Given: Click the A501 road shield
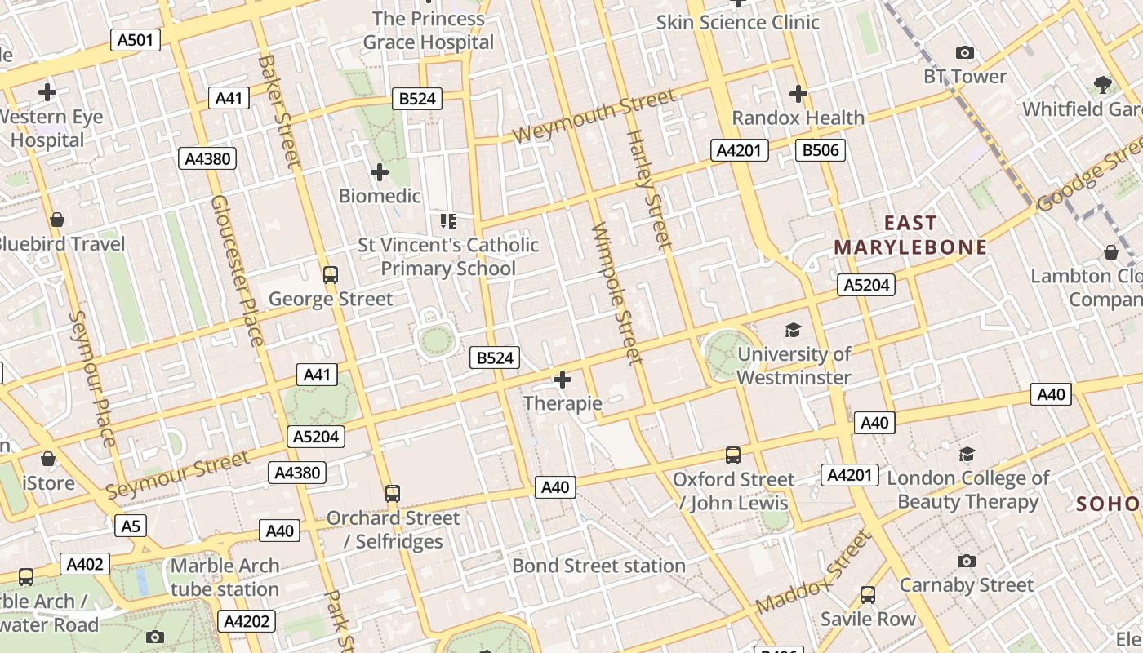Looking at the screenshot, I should pos(136,40).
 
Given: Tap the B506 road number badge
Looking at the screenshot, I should pos(820,150).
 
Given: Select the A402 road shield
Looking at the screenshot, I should pos(84,564).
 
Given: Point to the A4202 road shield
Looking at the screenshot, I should pos(247,621).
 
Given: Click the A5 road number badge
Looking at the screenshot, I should pos(131,526).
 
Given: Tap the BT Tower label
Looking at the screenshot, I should pos(965,77).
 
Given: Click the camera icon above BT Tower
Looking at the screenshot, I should pos(965,53).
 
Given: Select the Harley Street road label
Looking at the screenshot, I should pos(649,189).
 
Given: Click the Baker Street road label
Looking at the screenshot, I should pos(279,110).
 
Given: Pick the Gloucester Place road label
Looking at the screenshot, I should pos(237,269).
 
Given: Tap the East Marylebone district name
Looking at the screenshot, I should pos(910,235).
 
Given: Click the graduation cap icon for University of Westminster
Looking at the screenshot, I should pos(793,330).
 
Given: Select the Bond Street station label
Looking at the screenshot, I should pos(598,566).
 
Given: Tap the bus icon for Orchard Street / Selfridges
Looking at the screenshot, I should pos(393,493).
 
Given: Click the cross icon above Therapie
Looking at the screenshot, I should pos(563,380).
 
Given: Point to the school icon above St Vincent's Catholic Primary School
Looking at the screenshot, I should pos(447,220).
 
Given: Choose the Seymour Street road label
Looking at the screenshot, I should pos(178,475).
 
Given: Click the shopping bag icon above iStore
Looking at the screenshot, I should pos(48,459).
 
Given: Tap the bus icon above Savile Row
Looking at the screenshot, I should pos(868,595).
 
